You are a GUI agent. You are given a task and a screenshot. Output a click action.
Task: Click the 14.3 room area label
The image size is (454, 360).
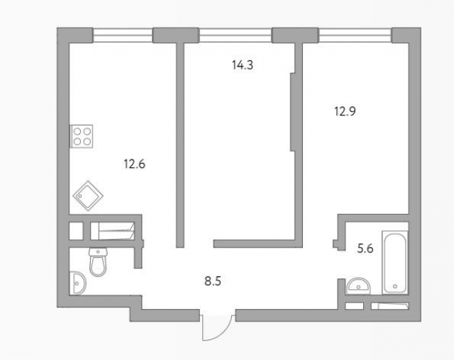[x=243, y=64]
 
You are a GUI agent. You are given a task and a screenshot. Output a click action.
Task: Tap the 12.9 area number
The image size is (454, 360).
[x=345, y=111]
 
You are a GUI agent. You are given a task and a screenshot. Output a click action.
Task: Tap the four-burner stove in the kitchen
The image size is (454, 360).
[x=82, y=135]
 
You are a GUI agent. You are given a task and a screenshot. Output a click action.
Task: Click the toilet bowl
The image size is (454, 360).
[x=98, y=266]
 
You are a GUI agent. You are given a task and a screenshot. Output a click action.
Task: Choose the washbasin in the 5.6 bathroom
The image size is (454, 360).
[x=358, y=286]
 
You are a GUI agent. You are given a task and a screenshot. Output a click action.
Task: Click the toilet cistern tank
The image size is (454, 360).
[x=98, y=252]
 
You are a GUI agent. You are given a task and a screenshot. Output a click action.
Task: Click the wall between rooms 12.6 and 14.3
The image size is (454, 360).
[x=180, y=142]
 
